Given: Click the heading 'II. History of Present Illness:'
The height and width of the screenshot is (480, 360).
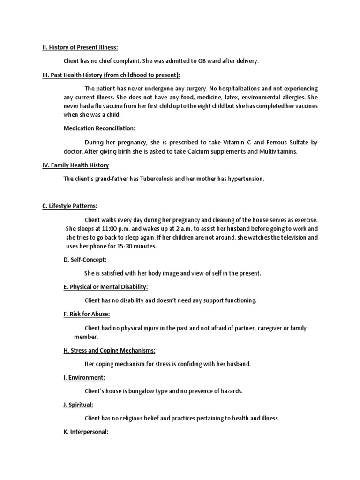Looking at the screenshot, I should [80, 47].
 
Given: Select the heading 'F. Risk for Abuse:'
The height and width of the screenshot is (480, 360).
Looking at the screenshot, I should [87, 314].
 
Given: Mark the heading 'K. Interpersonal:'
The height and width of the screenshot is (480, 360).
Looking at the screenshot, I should [86, 432].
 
